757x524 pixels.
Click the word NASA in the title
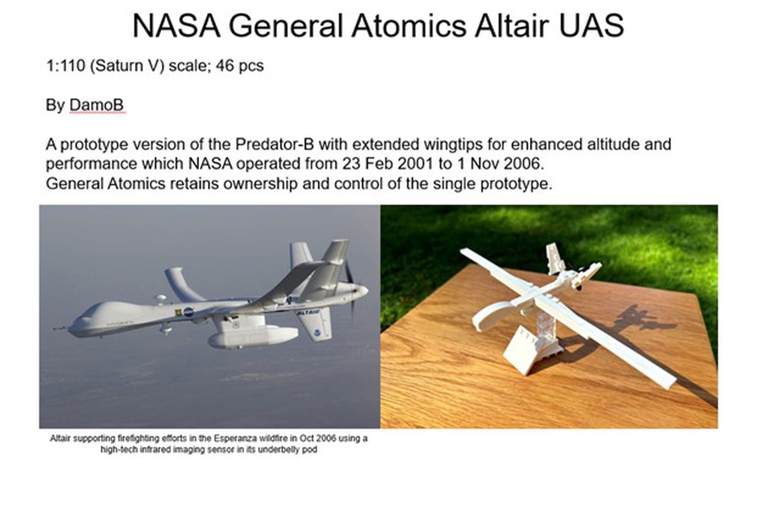click(x=176, y=26)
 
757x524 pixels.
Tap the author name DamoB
click(x=96, y=105)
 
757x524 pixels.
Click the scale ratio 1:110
click(x=65, y=65)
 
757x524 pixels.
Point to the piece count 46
click(x=224, y=65)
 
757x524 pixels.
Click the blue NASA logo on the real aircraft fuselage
click(x=188, y=311)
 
